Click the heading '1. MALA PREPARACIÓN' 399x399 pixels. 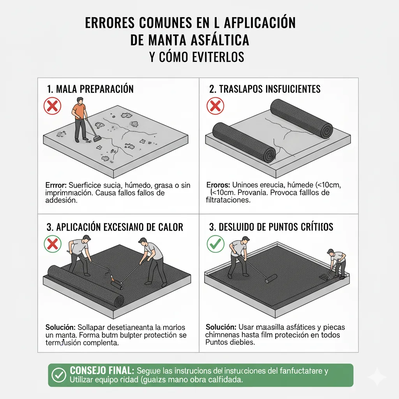90,89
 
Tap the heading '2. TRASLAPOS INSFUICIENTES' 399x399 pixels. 265,89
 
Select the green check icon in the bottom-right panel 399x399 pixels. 215,244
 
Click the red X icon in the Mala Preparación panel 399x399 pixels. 52,106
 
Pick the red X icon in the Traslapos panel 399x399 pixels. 215,106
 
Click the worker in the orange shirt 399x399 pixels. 80,118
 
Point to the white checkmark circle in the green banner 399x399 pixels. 59,375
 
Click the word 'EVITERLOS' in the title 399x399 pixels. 218,57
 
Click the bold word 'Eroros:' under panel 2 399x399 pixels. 218,185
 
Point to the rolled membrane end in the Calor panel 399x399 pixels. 116,301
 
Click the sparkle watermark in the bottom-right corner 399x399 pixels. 377,377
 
